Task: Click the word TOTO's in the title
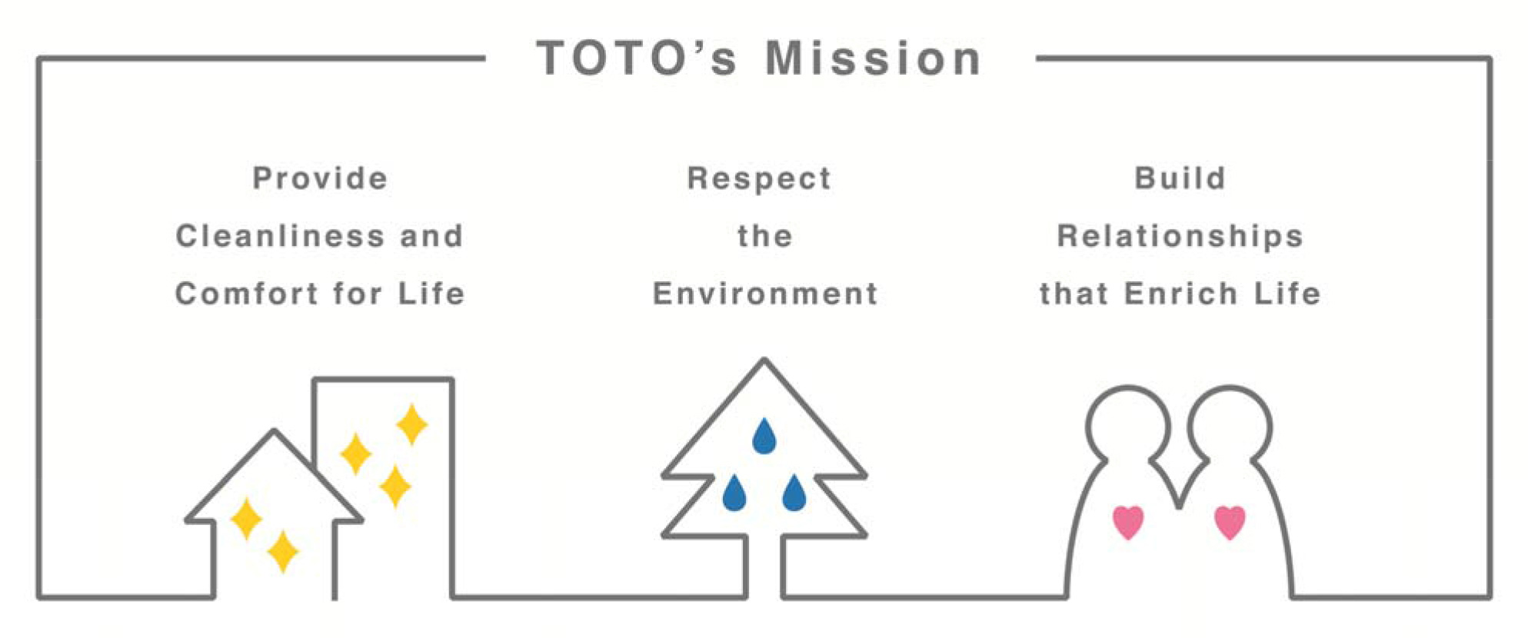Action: (637, 58)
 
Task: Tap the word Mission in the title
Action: (874, 58)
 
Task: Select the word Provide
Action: (320, 178)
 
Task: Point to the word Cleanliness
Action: (280, 236)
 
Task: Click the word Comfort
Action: (247, 294)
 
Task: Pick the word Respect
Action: (759, 179)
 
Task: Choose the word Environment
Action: (765, 294)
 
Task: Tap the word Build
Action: (1180, 178)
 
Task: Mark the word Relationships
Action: (1180, 237)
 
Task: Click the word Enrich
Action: (1180, 294)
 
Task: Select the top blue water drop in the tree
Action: (764, 436)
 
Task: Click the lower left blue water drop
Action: (734, 493)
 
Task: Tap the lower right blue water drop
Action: (794, 493)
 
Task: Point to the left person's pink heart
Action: (1128, 522)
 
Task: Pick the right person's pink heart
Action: (1230, 522)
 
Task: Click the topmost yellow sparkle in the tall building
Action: (411, 424)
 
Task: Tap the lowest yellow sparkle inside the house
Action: (282, 551)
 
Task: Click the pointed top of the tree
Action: (764, 360)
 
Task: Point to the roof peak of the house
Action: (275, 431)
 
